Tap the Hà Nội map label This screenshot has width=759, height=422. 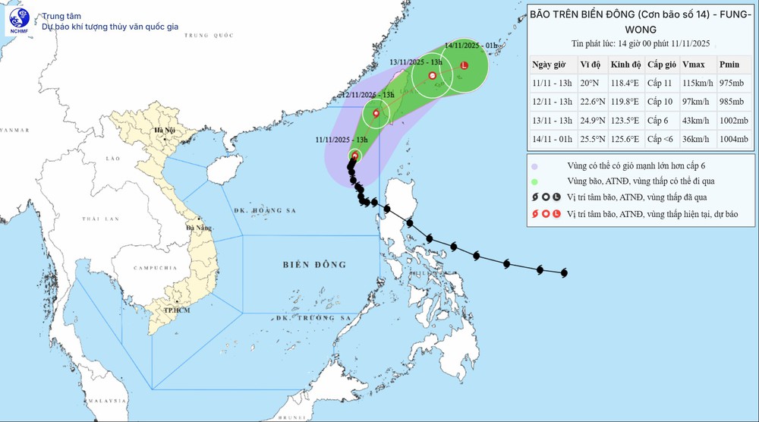click(165, 131)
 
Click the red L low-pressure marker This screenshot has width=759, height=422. click(465, 65)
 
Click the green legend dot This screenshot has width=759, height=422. click(535, 181)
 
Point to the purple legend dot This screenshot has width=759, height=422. click(535, 165)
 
